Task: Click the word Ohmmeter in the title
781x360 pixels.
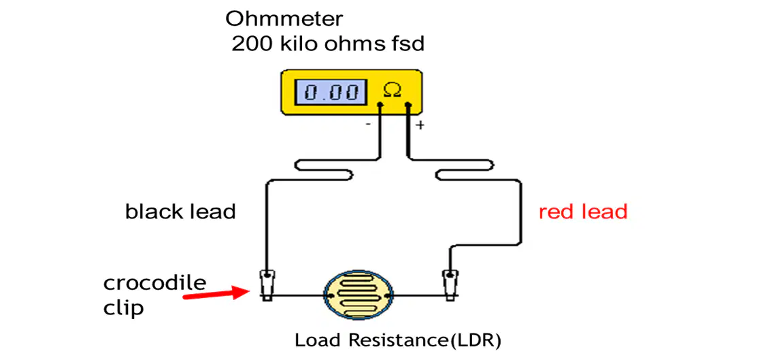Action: [x=284, y=19]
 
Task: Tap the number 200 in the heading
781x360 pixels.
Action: [x=251, y=44]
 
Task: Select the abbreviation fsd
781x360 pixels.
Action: [x=406, y=44]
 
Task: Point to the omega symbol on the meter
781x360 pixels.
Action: [x=391, y=90]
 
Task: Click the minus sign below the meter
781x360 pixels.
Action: [x=367, y=125]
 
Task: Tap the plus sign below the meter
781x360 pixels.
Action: [x=420, y=125]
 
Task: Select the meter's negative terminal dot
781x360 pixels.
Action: [x=380, y=105]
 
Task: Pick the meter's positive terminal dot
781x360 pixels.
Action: [x=408, y=105]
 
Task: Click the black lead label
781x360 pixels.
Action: [x=180, y=212]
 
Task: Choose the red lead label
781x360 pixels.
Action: [x=583, y=212]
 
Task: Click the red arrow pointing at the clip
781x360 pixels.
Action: [x=216, y=294]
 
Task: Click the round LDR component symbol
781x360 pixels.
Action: [x=359, y=295]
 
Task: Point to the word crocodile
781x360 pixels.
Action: [x=154, y=283]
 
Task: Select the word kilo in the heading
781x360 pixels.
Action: [x=297, y=44]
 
